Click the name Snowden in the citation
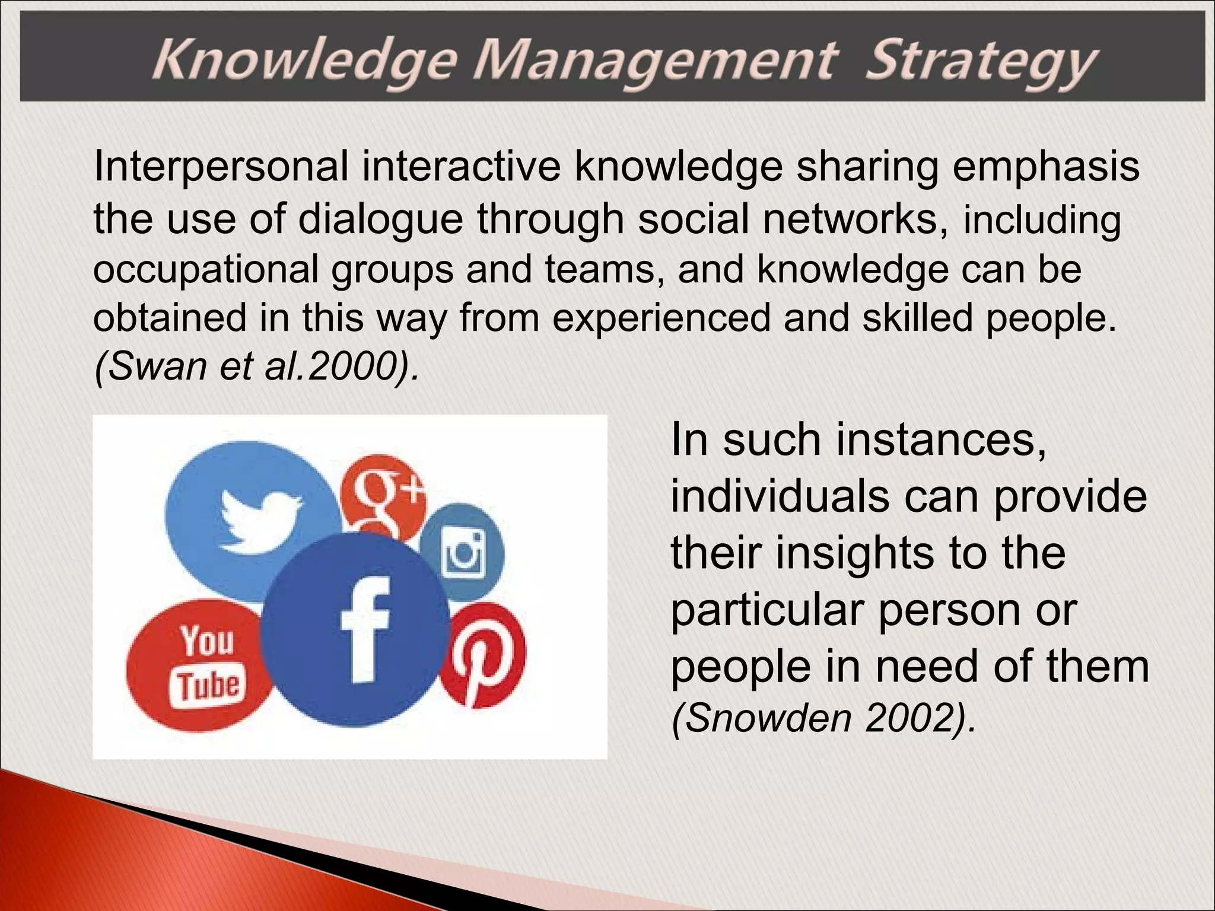pyautogui.click(x=762, y=719)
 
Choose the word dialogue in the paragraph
pyautogui.click(x=380, y=219)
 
